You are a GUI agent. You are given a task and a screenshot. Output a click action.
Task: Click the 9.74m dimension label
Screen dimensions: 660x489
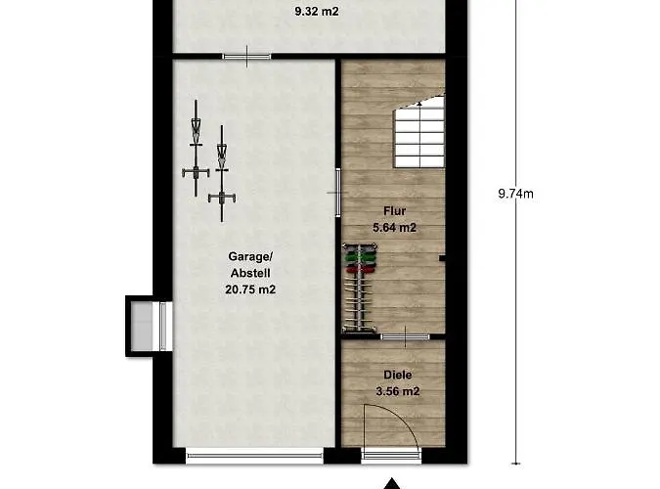tap(515, 194)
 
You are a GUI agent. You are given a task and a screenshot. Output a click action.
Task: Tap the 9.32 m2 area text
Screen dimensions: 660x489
tap(317, 12)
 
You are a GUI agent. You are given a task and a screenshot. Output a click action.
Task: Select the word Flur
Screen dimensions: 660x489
tap(394, 211)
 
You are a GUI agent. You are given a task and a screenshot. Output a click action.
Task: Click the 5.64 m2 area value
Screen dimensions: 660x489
tap(394, 228)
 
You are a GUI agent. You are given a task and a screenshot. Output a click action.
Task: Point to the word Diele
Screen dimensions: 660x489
tap(398, 375)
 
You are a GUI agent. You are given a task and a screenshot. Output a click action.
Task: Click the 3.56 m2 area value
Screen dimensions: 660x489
tap(398, 392)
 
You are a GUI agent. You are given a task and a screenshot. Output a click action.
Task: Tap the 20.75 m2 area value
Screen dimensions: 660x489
tap(250, 289)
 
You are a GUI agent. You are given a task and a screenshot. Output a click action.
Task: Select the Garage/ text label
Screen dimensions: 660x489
tap(250, 256)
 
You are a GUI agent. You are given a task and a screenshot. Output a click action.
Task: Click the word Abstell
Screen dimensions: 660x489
tap(250, 274)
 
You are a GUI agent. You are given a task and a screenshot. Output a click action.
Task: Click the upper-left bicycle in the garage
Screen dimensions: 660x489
tap(196, 149)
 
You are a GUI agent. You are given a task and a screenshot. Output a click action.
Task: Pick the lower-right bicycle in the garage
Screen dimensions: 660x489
tap(222, 173)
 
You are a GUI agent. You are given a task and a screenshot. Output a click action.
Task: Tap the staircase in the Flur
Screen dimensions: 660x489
tap(419, 131)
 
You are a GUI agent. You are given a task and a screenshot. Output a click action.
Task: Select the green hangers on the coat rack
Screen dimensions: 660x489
tap(359, 255)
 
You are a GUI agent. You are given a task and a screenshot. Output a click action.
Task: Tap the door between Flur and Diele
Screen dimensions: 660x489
tap(406, 336)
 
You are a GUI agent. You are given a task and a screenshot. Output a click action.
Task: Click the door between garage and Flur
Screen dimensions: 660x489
tap(338, 193)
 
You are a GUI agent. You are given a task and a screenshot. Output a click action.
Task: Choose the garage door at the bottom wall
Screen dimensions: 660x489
tap(254, 456)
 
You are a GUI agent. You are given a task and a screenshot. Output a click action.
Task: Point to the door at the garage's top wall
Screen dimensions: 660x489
tap(247, 56)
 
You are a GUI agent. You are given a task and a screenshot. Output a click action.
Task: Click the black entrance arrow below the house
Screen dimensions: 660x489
tap(392, 483)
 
